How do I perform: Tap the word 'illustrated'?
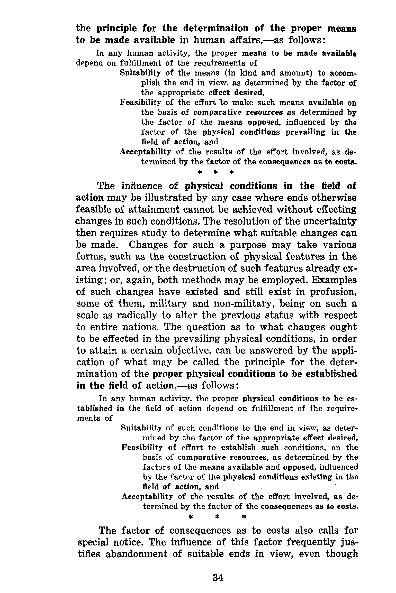click(163, 198)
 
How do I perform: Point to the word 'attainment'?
click(150, 210)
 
